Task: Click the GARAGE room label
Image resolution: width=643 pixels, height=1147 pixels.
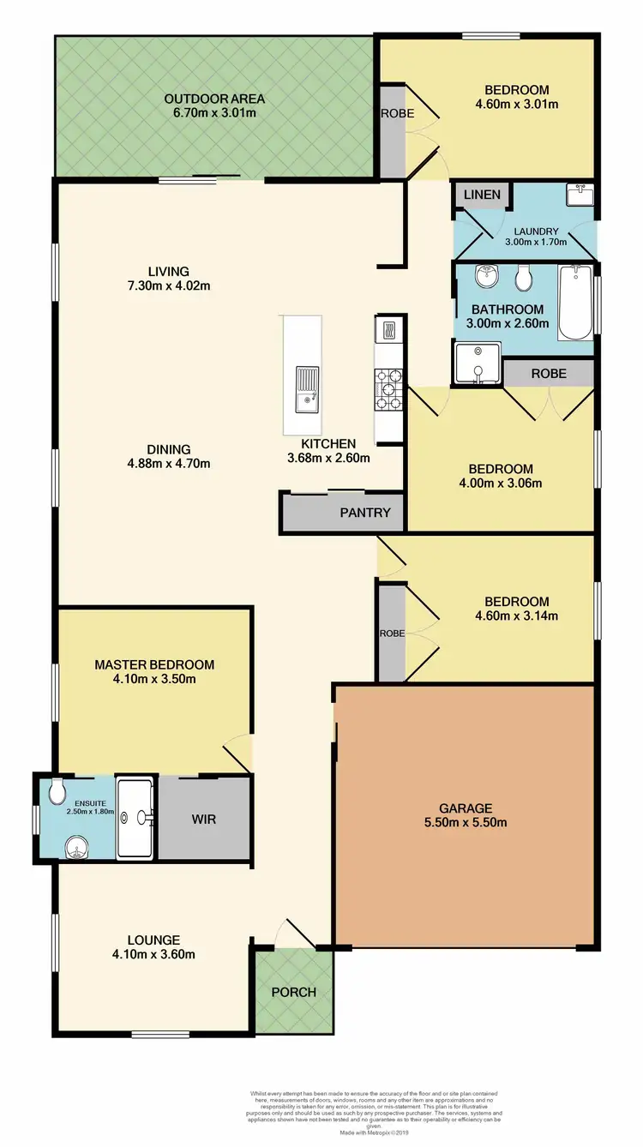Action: pos(466,808)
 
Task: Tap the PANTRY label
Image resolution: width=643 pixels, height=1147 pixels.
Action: pos(364,513)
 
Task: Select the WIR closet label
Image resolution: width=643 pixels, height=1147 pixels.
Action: pos(203,819)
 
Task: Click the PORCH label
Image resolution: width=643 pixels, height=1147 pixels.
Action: pos(294,992)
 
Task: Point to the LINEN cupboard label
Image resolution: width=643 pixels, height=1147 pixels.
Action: pos(482,195)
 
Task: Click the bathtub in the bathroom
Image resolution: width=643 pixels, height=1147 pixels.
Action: pos(574,303)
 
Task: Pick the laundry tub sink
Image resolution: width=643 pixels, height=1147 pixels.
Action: pos(580,195)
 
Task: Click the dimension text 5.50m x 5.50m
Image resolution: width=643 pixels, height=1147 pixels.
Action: pos(466,823)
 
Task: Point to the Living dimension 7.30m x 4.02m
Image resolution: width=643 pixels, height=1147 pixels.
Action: pos(167,285)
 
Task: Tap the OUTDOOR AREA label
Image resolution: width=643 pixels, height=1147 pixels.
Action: pos(214,99)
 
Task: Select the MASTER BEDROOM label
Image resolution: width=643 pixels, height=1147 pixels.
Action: pos(154,664)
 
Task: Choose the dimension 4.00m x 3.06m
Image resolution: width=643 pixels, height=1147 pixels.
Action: pos(500,483)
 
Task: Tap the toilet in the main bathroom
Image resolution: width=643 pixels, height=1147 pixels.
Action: pos(523,278)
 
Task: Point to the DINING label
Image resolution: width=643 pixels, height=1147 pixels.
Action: pos(168,449)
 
